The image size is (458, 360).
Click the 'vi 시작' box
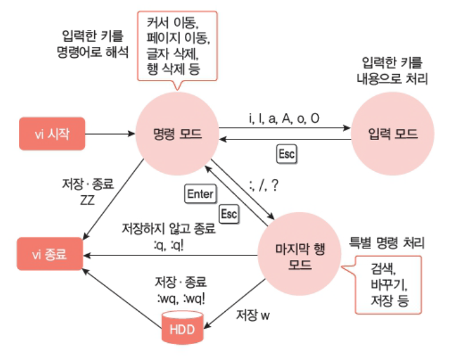pyautogui.click(x=53, y=134)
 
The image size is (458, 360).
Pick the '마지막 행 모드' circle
pyautogui.click(x=300, y=255)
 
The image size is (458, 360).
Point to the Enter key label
pyautogui.click(x=200, y=194)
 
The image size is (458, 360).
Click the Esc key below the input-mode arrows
pyautogui.click(x=287, y=154)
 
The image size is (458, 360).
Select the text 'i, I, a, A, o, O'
pyautogui.click(x=284, y=118)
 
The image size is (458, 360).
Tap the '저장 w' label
pyautogui.click(x=252, y=315)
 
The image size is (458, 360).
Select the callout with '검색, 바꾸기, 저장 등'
pyautogui.click(x=389, y=286)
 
